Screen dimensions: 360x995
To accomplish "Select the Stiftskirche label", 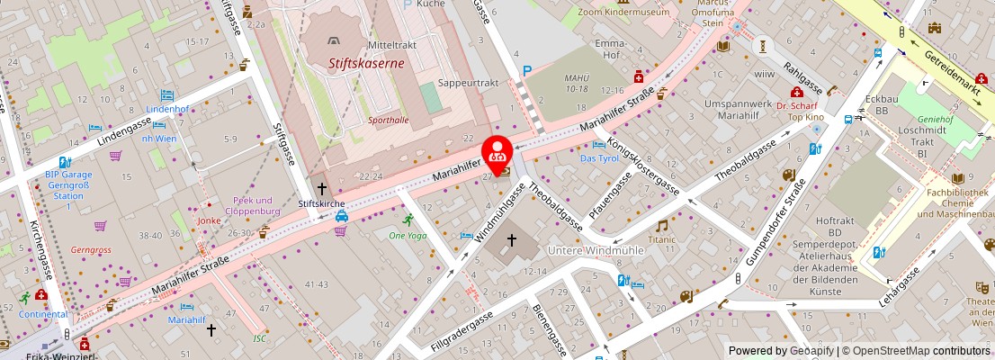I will coord(321,204).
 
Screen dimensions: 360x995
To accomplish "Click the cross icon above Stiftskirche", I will coord(321,189).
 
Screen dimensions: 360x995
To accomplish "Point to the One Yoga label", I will coord(408,235).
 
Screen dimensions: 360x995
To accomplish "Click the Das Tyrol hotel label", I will coord(599,158).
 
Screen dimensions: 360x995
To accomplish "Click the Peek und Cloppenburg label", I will coord(252,205).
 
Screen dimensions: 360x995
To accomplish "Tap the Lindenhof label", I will coord(167,109).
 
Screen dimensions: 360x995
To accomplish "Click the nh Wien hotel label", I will coord(158,138).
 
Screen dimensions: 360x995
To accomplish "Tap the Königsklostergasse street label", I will coord(644,166).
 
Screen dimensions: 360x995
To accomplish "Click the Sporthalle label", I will coord(389,119).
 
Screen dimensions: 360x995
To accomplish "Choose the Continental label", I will coord(43,314).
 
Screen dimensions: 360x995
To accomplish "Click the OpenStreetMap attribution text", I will coord(910,351).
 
